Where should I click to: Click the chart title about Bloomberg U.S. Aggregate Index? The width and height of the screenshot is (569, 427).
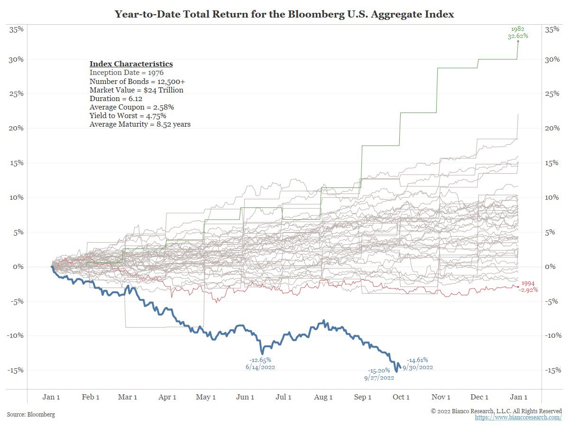pyautogui.click(x=284, y=14)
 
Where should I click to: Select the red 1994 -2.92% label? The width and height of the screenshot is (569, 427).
pyautogui.click(x=529, y=287)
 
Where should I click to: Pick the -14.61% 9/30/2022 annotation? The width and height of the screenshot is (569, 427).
pyautogui.click(x=417, y=363)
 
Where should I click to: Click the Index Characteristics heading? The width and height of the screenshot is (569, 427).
pyautogui.click(x=131, y=64)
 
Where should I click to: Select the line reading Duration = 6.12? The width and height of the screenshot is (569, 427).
pyautogui.click(x=114, y=98)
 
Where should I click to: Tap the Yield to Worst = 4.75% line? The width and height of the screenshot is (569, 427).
pyautogui.click(x=128, y=115)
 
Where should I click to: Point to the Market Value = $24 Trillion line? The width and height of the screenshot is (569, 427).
pyautogui.click(x=136, y=90)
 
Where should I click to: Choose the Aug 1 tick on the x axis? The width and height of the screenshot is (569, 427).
pyautogui.click(x=323, y=397)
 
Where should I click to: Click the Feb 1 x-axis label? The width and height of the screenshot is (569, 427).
pyautogui.click(x=91, y=397)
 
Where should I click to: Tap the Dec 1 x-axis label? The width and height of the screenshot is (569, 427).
pyautogui.click(x=480, y=397)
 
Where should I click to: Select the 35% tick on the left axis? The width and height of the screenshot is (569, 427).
pyautogui.click(x=17, y=29)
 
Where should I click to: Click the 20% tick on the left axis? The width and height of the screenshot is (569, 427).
pyautogui.click(x=17, y=128)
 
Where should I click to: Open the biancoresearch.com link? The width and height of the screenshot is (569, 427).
pyautogui.click(x=518, y=418)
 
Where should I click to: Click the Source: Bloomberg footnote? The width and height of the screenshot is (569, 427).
pyautogui.click(x=31, y=414)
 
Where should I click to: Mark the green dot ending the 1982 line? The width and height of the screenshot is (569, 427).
pyautogui.click(x=518, y=41)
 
